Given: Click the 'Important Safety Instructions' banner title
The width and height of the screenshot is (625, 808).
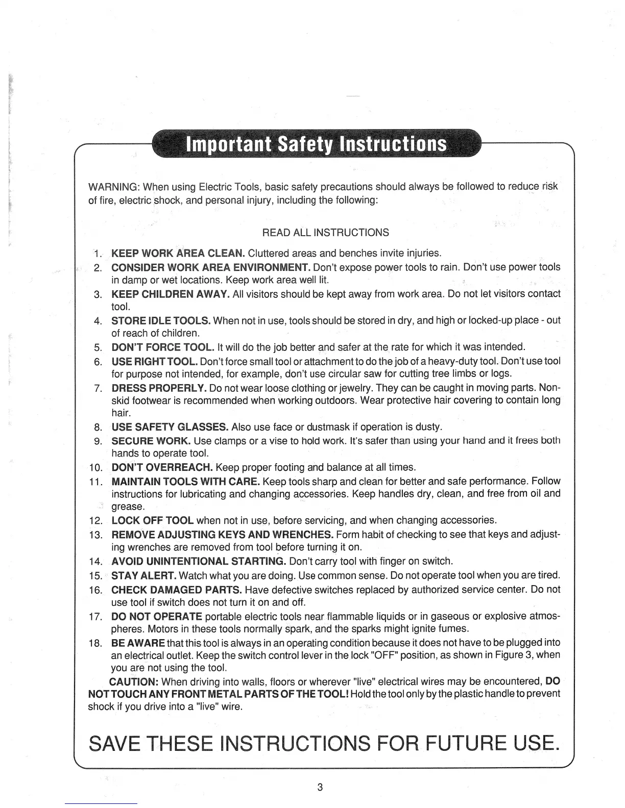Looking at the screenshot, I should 317,144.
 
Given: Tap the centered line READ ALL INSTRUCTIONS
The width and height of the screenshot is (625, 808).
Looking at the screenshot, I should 325,233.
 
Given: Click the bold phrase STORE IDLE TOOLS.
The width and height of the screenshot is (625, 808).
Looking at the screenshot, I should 161,320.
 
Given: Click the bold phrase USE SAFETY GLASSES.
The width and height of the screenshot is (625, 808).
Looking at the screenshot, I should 170,426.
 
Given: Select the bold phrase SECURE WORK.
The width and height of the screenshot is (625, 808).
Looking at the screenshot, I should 151,440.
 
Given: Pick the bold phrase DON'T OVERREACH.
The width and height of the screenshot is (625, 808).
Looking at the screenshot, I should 162,467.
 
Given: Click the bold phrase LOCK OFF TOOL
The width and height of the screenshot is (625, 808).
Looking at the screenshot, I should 152,520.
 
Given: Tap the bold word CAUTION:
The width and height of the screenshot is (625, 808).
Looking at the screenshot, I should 135,681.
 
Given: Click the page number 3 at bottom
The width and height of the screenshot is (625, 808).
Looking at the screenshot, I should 320,787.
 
